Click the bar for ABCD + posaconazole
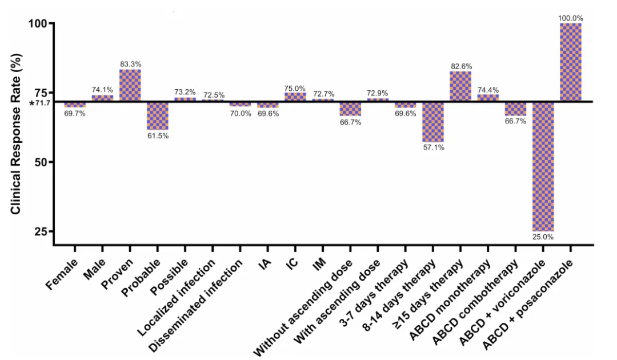pos(571,62)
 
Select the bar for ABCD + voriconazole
pos(543,166)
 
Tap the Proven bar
pos(130,86)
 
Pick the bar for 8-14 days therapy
pos(433,122)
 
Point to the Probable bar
pos(158,116)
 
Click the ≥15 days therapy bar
pos(460,86)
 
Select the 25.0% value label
pos(543,237)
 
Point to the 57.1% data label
pos(433,147)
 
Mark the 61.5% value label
pos(158,136)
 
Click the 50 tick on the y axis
pos(39,162)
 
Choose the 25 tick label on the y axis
pos(39,231)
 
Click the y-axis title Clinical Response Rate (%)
pos(15,135)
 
